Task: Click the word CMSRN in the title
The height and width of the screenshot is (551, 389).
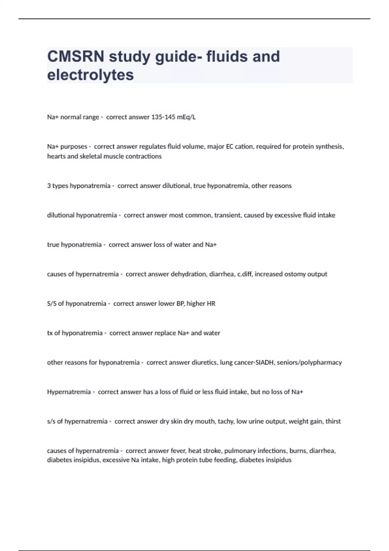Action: (x=76, y=56)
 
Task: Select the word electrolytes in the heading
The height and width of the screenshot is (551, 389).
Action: (x=90, y=75)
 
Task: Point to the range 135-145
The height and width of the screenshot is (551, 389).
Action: (x=163, y=117)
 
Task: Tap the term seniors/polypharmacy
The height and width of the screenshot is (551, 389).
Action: (x=309, y=362)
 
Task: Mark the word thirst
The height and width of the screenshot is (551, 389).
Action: (x=333, y=421)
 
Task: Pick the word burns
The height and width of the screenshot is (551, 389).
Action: (x=298, y=451)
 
